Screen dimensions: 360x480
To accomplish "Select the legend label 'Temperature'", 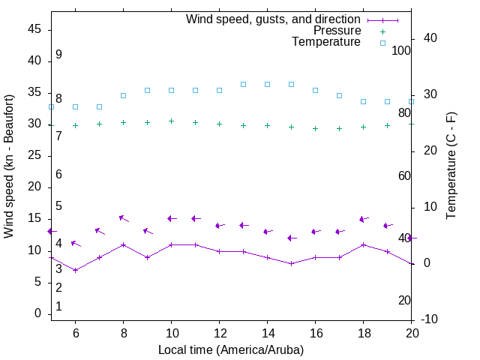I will point(326,42).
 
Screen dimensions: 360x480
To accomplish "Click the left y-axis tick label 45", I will point(34,29).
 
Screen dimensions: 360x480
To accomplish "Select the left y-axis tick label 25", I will point(34,155).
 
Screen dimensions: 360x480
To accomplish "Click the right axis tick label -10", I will point(430,319).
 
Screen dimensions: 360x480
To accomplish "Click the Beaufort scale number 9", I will point(58,55).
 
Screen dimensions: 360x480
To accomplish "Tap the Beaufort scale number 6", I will point(58,174).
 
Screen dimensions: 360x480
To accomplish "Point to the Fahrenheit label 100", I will point(401,50).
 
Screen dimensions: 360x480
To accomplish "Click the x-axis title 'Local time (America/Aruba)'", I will point(231,349).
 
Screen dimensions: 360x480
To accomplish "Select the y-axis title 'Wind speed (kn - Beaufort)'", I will point(9,166).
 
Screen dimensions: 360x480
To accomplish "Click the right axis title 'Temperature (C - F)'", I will point(451,166).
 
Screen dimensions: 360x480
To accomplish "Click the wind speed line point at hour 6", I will point(75,270).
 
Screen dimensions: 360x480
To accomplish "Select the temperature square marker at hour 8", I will point(123,95).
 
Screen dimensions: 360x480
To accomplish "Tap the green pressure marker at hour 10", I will point(171,121).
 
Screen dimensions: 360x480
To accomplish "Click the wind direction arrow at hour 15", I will point(291,238).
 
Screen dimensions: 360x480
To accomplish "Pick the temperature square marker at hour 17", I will point(339,95).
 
